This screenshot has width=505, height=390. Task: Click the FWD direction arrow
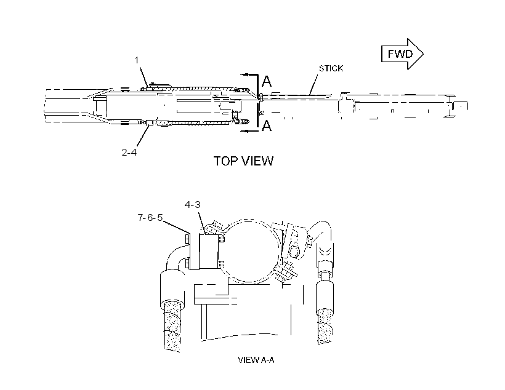pyautogui.click(x=402, y=54)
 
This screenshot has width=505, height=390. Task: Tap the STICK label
pyautogui.click(x=331, y=68)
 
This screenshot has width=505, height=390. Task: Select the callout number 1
pyautogui.click(x=137, y=60)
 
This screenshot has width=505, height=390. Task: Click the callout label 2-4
pyautogui.click(x=129, y=152)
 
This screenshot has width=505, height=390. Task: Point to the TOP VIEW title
pyautogui.click(x=244, y=161)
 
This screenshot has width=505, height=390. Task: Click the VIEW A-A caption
pyautogui.click(x=256, y=360)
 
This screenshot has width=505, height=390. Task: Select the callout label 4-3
pyautogui.click(x=193, y=205)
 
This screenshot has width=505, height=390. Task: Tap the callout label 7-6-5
pyautogui.click(x=150, y=218)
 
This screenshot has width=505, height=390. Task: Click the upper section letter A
pyautogui.click(x=267, y=81)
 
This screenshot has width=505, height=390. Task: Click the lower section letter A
pyautogui.click(x=267, y=125)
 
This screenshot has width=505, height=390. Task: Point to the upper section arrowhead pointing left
pyautogui.click(x=244, y=74)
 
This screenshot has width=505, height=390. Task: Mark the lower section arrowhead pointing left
pyautogui.click(x=244, y=130)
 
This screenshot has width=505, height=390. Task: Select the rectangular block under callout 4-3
pyautogui.click(x=209, y=252)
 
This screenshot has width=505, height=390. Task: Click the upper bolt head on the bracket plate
pyautogui.click(x=187, y=239)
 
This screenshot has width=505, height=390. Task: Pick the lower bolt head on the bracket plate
pyautogui.click(x=187, y=264)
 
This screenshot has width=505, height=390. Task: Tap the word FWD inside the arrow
pyautogui.click(x=400, y=54)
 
